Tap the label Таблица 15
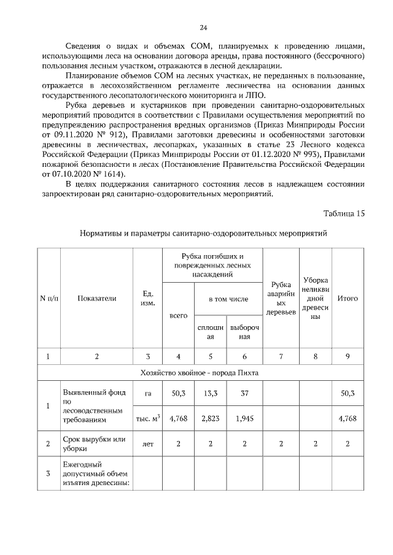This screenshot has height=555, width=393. [344, 213]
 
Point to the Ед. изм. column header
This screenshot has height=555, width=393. [147, 298]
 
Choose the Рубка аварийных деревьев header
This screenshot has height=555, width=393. [281, 298]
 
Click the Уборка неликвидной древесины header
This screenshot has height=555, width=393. [316, 298]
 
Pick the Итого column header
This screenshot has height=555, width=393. [348, 298]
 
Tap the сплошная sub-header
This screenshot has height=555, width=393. [210, 332]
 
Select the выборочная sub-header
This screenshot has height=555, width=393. [244, 332]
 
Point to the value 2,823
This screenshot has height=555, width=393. [210, 418]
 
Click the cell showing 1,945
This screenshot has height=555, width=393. [244, 418]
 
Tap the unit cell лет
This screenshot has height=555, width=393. [147, 444]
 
